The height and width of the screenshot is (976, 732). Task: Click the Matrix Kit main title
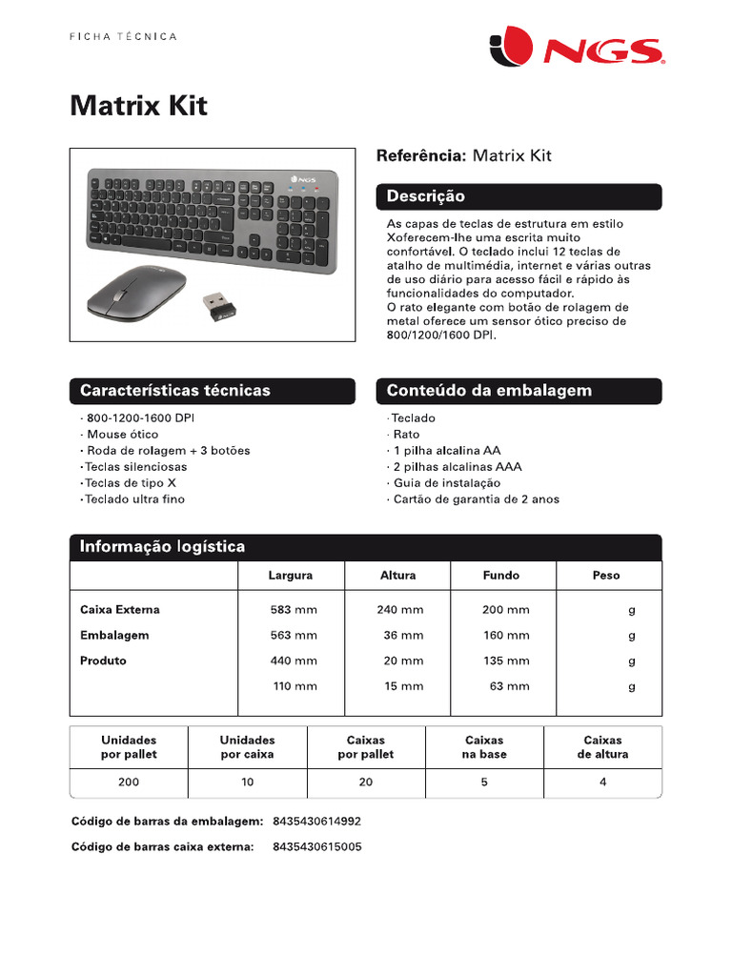[138, 106]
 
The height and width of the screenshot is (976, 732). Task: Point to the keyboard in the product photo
[213, 218]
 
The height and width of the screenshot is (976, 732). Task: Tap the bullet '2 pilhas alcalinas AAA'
[457, 467]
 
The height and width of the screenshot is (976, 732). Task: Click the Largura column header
[291, 576]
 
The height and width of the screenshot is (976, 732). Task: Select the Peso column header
[605, 576]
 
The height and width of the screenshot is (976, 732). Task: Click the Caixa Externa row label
[120, 609]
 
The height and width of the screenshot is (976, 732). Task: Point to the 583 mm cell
[294, 609]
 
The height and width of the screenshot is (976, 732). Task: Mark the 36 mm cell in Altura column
[403, 635]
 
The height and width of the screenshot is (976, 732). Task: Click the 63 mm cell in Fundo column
[509, 686]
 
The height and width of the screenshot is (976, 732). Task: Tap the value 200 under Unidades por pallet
[129, 783]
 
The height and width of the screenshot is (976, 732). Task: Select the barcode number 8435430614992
[316, 821]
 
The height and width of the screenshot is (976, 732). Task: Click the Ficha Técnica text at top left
[124, 36]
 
